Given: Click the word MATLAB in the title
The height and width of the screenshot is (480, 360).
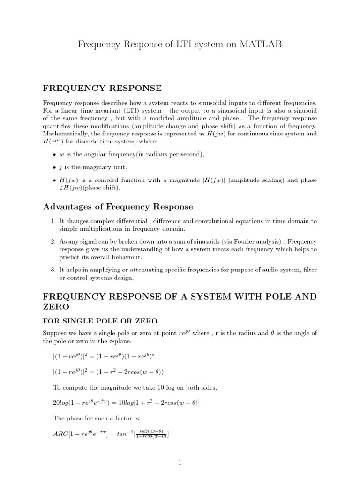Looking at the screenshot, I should click(x=261, y=44).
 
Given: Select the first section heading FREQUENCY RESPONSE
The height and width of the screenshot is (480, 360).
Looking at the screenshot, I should click(x=102, y=88).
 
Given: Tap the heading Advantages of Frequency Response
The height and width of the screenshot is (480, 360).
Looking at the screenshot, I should click(x=118, y=207).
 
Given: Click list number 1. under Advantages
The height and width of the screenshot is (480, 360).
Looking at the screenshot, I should click(x=52, y=221).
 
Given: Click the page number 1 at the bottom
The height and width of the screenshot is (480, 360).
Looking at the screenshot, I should click(x=180, y=462).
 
